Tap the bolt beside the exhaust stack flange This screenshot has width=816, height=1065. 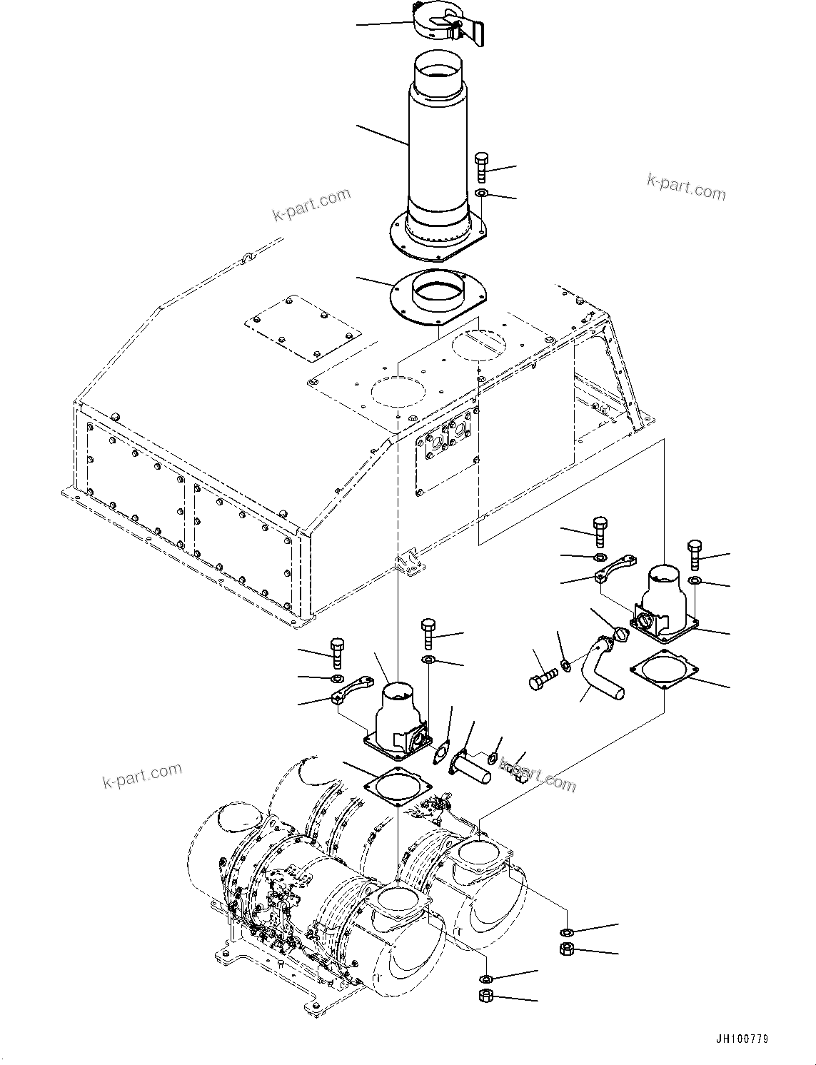pos(480,168)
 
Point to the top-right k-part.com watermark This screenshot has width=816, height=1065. pos(685,187)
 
